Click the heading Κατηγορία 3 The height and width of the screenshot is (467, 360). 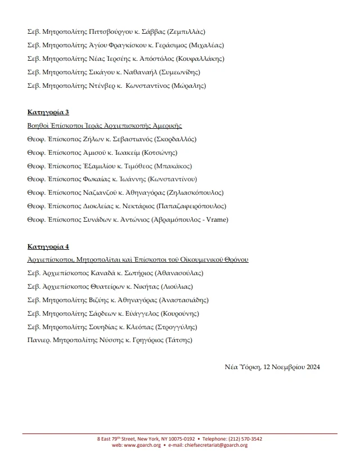(x=48, y=113)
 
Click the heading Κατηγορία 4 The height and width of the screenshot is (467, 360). (x=48, y=246)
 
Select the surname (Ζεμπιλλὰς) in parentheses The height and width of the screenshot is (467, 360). (x=186, y=32)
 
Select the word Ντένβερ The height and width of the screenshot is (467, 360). (x=105, y=86)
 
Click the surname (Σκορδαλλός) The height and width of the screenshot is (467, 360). (x=173, y=140)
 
